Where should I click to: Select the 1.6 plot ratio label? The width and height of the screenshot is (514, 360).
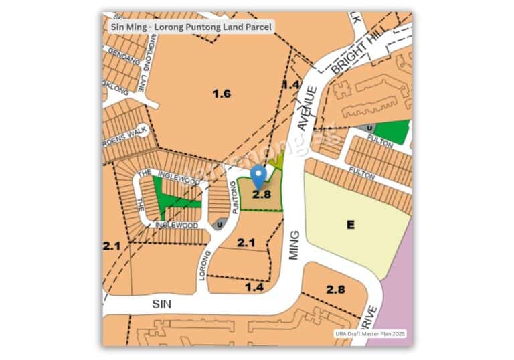[x=222, y=94]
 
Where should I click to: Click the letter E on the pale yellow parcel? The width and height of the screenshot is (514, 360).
[x=350, y=225]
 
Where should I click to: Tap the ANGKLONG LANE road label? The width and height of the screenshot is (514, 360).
[x=141, y=63]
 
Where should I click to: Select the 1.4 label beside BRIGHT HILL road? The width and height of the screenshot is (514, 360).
[x=290, y=84]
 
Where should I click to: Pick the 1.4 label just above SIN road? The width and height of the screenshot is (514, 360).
[x=255, y=286]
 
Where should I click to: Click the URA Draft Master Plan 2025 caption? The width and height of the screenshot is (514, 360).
[x=370, y=333]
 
